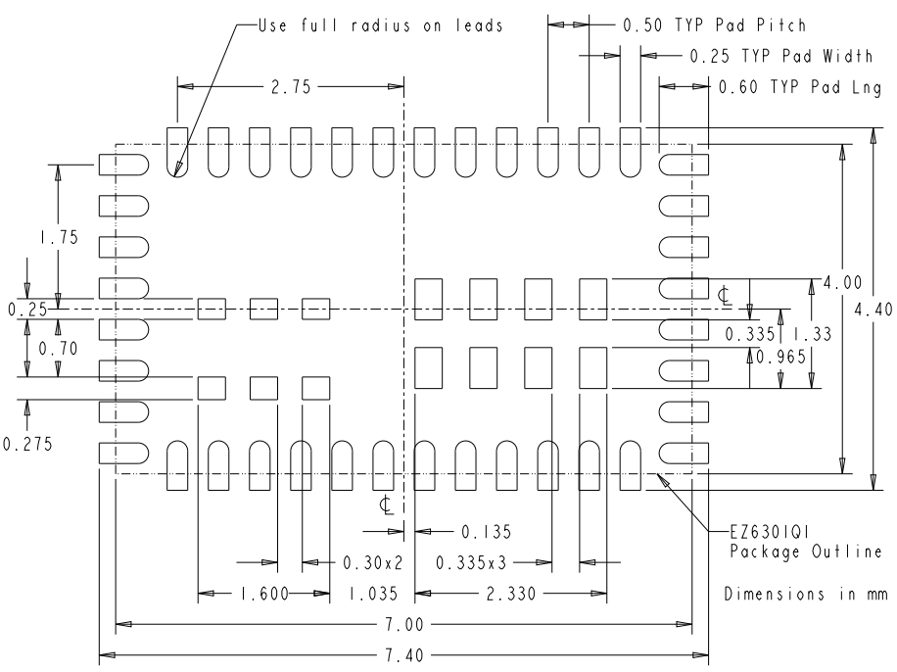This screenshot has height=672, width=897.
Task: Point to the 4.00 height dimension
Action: pos(841,282)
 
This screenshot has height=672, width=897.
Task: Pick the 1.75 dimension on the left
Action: pos(58,237)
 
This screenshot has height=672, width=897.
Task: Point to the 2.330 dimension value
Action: pos(507,594)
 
